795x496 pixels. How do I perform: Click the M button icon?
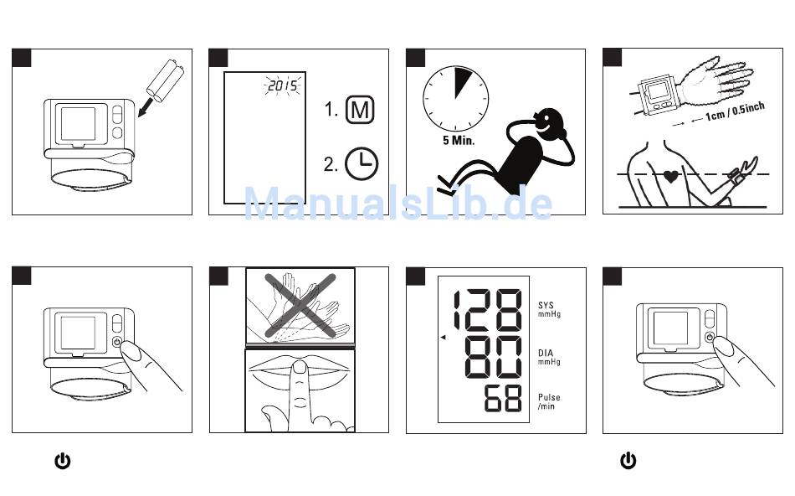click(x=362, y=111)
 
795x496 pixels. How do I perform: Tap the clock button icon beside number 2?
click(x=362, y=163)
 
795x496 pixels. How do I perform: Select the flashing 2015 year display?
click(x=283, y=86)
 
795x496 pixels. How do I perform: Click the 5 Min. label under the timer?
click(x=459, y=141)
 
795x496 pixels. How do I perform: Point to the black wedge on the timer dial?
click(x=462, y=82)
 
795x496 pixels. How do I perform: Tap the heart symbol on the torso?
click(x=671, y=178)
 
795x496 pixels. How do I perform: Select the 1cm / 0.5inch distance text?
click(x=734, y=111)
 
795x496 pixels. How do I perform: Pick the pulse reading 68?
click(x=504, y=400)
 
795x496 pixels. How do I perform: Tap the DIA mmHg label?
click(x=549, y=358)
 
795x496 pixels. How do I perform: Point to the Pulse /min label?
click(x=549, y=402)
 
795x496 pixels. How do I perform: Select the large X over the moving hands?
click(x=300, y=306)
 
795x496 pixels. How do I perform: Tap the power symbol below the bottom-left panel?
click(x=62, y=460)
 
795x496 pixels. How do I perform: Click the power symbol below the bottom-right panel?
click(x=628, y=460)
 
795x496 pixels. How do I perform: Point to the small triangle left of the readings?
click(x=444, y=337)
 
